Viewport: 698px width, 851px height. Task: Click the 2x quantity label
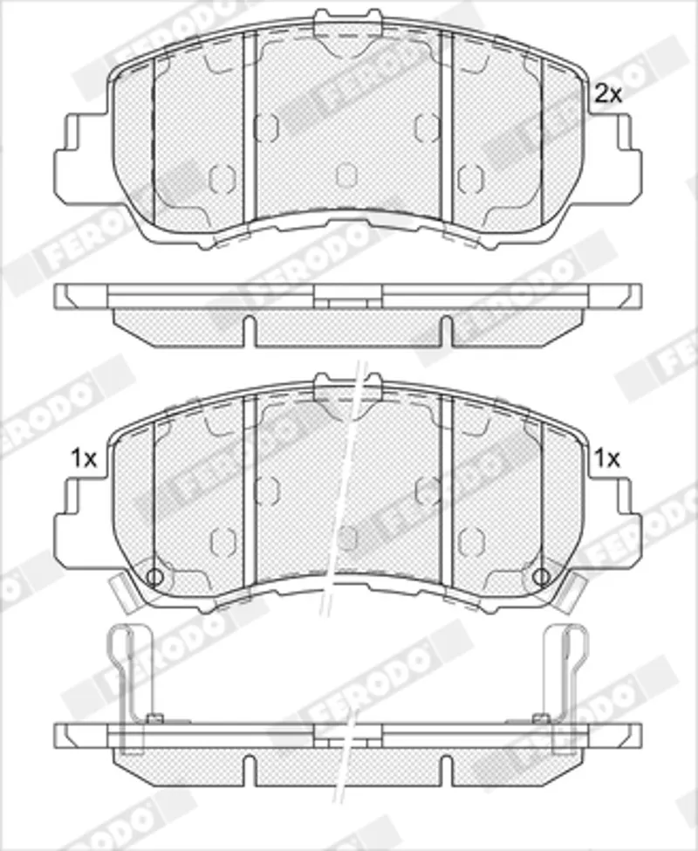(607, 94)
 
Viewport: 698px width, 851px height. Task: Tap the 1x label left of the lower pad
(84, 459)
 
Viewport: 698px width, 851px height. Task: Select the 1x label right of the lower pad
(607, 459)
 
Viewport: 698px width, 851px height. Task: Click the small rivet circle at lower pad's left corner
(154, 576)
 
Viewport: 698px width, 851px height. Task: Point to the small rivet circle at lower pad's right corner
(541, 576)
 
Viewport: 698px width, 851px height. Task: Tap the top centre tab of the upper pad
(348, 20)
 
